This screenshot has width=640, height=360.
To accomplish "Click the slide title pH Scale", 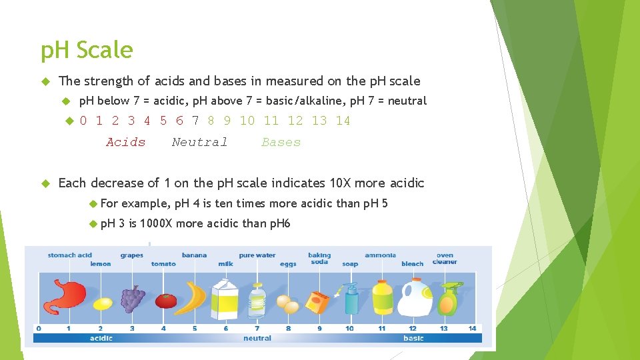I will click(87, 50).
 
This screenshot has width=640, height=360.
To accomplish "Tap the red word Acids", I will click(125, 142).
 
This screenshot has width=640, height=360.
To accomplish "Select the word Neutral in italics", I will click(199, 142).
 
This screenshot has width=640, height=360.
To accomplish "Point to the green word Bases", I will click(281, 142).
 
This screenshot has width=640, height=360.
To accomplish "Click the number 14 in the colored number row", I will click(343, 121).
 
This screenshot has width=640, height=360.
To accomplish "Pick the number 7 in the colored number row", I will click(195, 121).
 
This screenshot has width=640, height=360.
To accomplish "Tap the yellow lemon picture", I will click(103, 304).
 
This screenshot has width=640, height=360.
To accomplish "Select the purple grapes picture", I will click(133, 298).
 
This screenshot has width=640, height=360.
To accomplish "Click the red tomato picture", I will click(165, 301).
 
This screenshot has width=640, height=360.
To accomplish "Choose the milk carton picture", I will click(225, 297).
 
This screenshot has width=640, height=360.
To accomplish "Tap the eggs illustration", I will click(288, 305).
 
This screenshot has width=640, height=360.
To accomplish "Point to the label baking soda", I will click(319, 259).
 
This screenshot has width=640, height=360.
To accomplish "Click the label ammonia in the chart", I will click(380, 255).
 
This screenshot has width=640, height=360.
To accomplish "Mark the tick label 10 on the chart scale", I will click(350, 328).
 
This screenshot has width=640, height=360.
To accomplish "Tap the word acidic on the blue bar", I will click(101, 338).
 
